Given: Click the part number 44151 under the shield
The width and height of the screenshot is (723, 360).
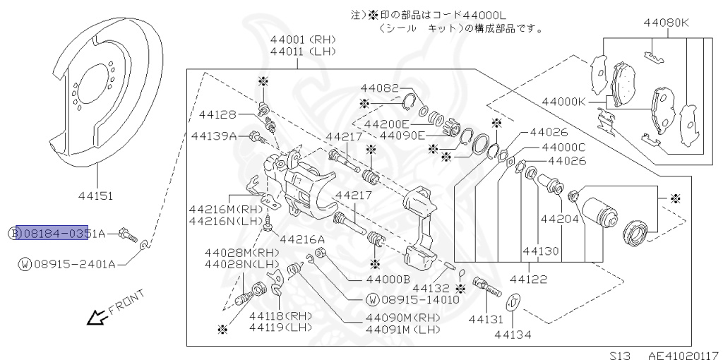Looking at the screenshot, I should pyautogui.click(x=97, y=196).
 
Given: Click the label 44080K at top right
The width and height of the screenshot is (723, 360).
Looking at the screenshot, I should pyautogui.click(x=666, y=23).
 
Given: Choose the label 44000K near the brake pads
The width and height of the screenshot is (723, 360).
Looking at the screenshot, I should pyautogui.click(x=563, y=102).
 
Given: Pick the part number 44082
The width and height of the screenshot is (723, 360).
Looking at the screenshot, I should pyautogui.click(x=379, y=88).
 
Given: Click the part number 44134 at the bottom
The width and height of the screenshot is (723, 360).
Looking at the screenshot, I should pyautogui.click(x=513, y=333).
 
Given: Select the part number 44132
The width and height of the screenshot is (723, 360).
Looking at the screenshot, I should pyautogui.click(x=431, y=288).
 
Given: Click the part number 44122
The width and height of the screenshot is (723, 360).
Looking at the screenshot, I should pyautogui.click(x=528, y=280).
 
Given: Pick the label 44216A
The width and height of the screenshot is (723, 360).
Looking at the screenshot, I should pyautogui.click(x=301, y=239).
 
